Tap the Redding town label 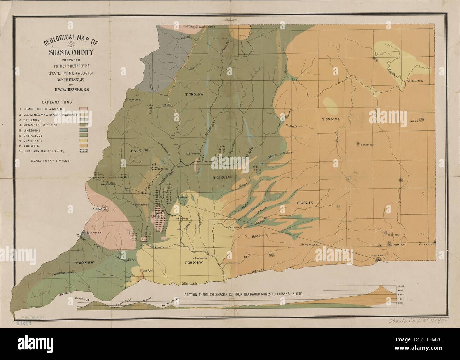tap(183, 219)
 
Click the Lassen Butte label tap(398, 244)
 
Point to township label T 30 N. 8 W tap(84, 262)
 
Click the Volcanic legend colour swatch tap(84, 145)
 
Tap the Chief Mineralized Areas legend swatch tap(84, 151)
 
